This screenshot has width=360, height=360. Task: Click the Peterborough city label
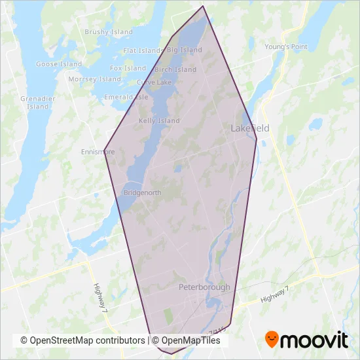(x=204, y=287)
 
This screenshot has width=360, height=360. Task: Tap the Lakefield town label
(x=250, y=128)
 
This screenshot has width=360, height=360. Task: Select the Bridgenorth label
(x=141, y=194)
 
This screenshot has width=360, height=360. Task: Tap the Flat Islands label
(x=143, y=50)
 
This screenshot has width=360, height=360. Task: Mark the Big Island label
(x=185, y=50)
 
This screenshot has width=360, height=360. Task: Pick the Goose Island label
(x=59, y=64)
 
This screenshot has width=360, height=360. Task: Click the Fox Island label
(x=128, y=68)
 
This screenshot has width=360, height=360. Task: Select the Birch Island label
(x=175, y=69)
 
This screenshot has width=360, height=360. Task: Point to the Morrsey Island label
(x=95, y=79)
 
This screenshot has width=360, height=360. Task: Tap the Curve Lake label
(x=154, y=82)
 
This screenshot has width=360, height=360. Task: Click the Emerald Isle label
(x=122, y=98)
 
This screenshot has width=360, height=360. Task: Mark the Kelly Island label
(x=160, y=121)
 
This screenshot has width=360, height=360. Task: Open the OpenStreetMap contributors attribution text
(x=82, y=340)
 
